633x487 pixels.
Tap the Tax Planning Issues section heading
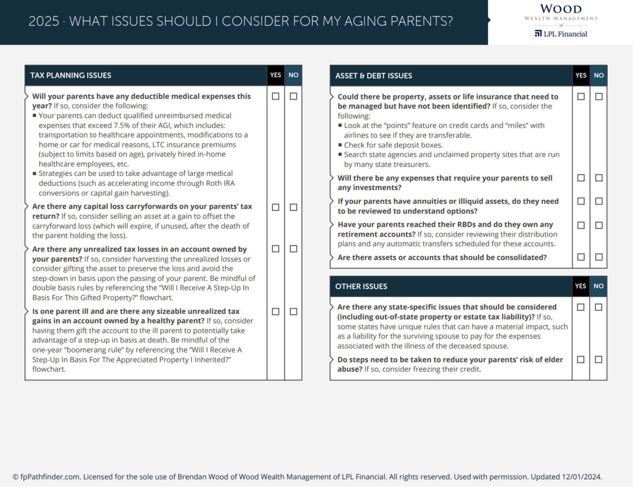[x=71, y=75]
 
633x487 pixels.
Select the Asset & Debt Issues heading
[x=374, y=76]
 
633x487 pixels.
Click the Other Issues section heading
[x=361, y=287]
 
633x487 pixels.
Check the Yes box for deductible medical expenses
[x=276, y=96]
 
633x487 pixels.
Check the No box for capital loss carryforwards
[x=293, y=207]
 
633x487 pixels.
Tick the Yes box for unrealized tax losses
[x=276, y=249]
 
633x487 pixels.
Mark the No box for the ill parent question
[x=293, y=312]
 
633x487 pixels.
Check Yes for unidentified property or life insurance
[x=581, y=97]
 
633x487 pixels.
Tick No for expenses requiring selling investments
[x=599, y=178]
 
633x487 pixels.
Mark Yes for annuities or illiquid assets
[x=581, y=201]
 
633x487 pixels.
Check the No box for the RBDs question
[x=599, y=225]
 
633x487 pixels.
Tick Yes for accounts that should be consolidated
[x=581, y=257]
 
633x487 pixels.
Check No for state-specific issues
[x=598, y=307]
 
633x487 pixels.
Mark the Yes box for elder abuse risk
[x=581, y=360]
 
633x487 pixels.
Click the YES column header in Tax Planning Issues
[x=276, y=75]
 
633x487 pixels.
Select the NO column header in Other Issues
[x=598, y=286]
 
